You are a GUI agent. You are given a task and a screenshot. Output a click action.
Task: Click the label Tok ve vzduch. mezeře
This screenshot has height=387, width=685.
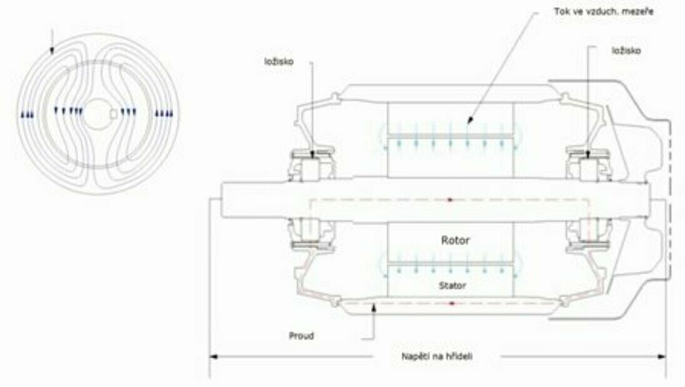tap(604, 12)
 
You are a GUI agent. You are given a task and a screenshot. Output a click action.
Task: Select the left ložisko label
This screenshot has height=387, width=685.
tap(279, 61)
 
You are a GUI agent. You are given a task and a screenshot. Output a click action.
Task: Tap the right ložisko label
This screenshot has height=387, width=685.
tap(626, 51)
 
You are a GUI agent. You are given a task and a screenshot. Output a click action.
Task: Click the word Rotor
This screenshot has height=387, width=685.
tap(455, 240)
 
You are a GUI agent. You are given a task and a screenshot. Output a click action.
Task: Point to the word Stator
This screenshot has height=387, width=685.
tap(452, 286)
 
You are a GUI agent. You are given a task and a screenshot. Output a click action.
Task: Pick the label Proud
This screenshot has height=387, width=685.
tap(302, 336)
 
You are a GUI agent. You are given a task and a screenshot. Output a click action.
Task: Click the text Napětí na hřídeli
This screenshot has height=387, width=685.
tap(437, 356)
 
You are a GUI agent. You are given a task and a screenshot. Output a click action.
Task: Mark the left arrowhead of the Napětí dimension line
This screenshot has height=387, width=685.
tap(213, 356)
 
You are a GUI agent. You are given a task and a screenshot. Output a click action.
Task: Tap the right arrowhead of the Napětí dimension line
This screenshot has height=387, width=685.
tap(662, 356)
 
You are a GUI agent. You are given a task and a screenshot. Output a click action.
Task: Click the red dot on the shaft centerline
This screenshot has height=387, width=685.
tap(450, 200)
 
